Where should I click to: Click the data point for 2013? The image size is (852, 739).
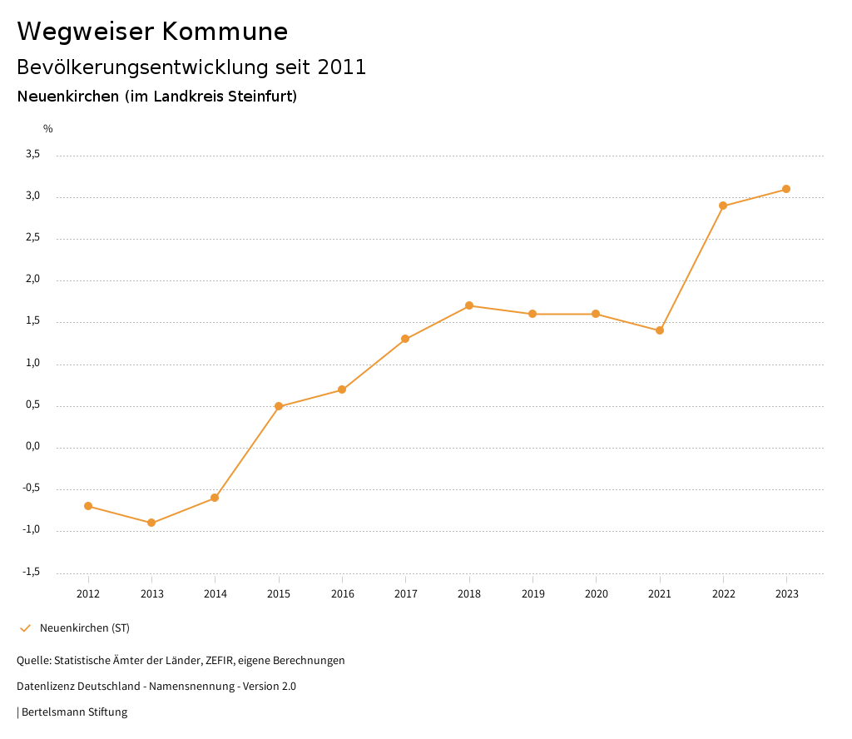pyautogui.click(x=151, y=523)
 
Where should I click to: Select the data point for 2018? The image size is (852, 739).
pyautogui.click(x=469, y=305)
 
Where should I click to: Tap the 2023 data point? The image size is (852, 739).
pyautogui.click(x=786, y=189)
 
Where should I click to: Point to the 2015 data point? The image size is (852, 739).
pyautogui.click(x=279, y=406)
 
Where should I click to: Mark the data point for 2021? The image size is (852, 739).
pyautogui.click(x=660, y=330)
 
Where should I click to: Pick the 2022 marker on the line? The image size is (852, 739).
pyautogui.click(x=723, y=206)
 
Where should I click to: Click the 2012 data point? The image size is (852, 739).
pyautogui.click(x=88, y=506)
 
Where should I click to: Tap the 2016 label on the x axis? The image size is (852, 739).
pyautogui.click(x=342, y=594)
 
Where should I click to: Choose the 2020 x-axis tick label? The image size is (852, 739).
pyautogui.click(x=596, y=594)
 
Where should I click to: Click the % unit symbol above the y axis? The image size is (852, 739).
pyautogui.click(x=48, y=129)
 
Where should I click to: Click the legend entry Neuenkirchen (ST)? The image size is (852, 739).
pyautogui.click(x=85, y=627)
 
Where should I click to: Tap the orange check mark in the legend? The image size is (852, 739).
pyautogui.click(x=25, y=627)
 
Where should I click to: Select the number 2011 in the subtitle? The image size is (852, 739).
pyautogui.click(x=342, y=67)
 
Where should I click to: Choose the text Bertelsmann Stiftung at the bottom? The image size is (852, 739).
pyautogui.click(x=74, y=712)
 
